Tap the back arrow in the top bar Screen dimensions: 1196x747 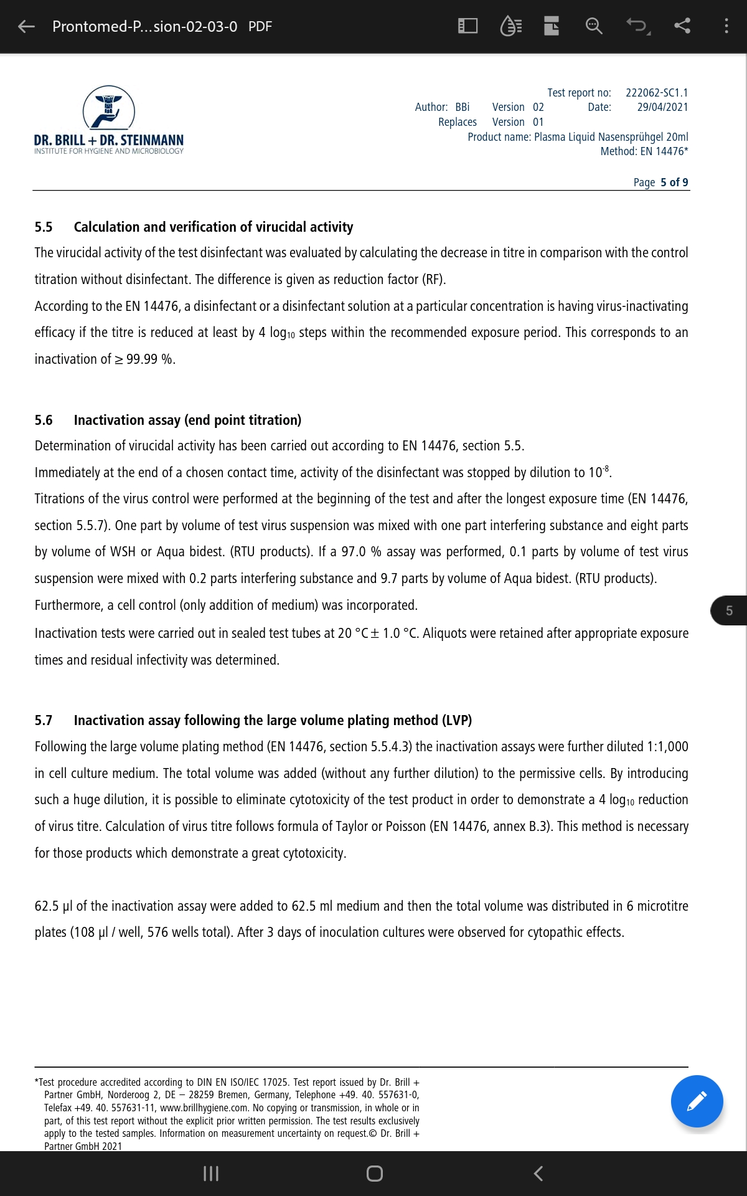[x=26, y=26]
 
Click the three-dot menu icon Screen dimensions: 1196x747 [x=726, y=26]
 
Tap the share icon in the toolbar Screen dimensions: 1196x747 [x=682, y=26]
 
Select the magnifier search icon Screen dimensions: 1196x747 [x=594, y=26]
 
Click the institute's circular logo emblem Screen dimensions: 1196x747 [x=109, y=109]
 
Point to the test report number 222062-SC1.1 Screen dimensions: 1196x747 [x=657, y=93]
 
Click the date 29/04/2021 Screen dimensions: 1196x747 [x=662, y=107]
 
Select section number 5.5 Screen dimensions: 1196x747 [x=44, y=227]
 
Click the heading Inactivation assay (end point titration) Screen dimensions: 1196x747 [x=187, y=420]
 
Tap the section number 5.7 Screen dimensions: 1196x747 [x=44, y=720]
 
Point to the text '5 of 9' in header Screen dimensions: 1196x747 [x=674, y=183]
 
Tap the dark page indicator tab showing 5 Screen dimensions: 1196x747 [x=729, y=610]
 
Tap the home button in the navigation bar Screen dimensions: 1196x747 [x=374, y=1174]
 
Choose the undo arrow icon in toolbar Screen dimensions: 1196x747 [x=637, y=26]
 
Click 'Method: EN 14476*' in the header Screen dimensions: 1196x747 [x=644, y=151]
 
